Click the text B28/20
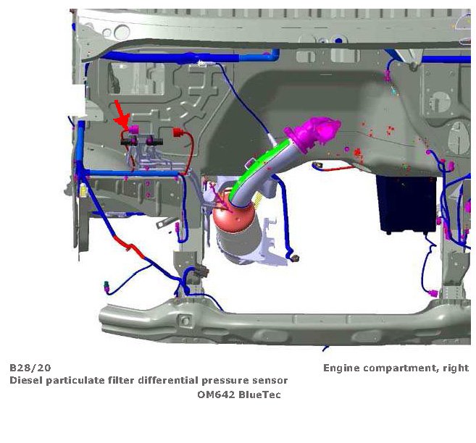(x=30, y=368)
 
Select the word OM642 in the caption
(x=215, y=395)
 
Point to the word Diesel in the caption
(x=27, y=381)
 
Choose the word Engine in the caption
(x=341, y=368)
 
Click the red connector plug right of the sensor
(x=177, y=133)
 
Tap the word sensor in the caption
(x=272, y=381)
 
